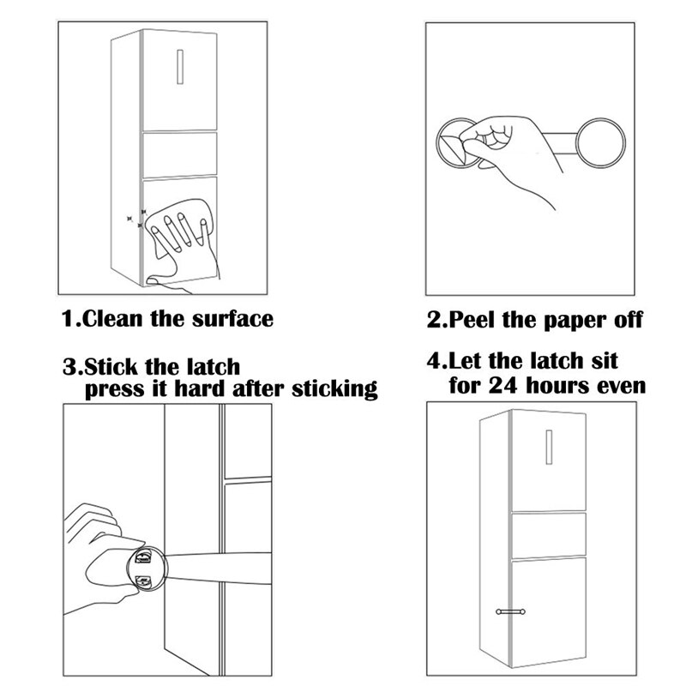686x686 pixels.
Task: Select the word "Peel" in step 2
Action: point(473,321)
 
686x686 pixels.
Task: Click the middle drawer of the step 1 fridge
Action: point(178,153)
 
